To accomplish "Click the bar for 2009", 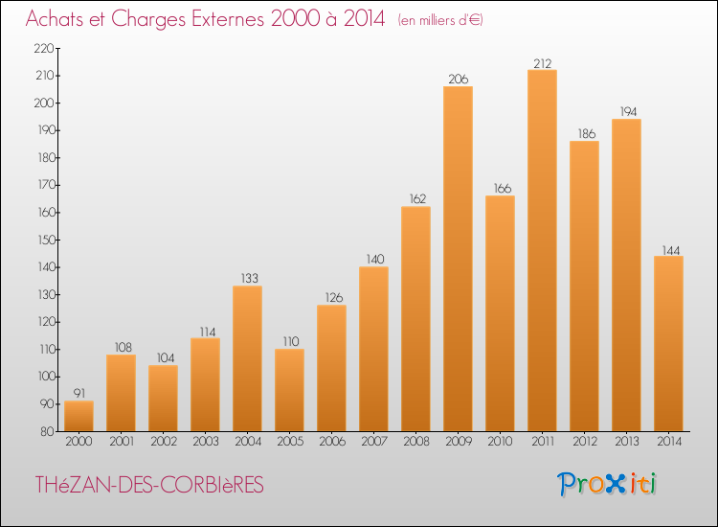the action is [458, 259].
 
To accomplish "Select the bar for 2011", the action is [542, 250].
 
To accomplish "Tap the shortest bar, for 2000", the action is [79, 416].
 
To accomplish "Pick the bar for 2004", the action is [247, 358].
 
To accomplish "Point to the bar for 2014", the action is [668, 343].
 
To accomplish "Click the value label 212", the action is [543, 63].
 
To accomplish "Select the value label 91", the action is [79, 393].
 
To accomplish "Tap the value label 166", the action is [503, 189].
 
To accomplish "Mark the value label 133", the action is [250, 278].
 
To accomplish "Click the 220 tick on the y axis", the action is [44, 48].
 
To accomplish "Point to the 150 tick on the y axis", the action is [46, 240].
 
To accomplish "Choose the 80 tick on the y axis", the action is [47, 431].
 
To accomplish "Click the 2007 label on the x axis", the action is [374, 442].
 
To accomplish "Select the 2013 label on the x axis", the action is [627, 442].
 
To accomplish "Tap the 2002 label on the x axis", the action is [164, 442].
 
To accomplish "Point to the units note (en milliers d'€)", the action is [440, 20].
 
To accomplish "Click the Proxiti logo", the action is [607, 484].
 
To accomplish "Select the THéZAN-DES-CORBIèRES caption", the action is [149, 485].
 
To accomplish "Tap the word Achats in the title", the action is [55, 19].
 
